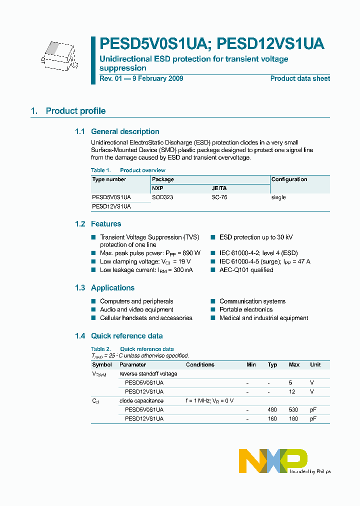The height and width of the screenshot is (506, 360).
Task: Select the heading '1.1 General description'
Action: [117, 131]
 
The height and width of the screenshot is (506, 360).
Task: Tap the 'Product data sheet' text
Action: [300, 78]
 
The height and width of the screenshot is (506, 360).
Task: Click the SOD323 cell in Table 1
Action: [162, 197]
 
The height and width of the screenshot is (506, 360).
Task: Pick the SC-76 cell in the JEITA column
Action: [219, 197]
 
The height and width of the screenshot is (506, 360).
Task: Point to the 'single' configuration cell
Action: [278, 197]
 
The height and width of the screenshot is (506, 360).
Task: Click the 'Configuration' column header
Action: [289, 179]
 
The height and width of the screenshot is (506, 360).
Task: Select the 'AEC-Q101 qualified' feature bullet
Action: [246, 270]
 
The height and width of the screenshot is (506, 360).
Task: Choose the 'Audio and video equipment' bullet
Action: [136, 309]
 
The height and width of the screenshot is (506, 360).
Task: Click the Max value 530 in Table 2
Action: [294, 409]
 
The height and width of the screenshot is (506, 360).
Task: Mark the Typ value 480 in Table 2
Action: [272, 409]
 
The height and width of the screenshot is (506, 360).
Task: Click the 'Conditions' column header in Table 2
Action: [200, 364]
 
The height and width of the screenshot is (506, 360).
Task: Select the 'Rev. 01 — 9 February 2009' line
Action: [141, 78]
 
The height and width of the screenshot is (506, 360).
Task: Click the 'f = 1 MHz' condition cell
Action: [209, 400]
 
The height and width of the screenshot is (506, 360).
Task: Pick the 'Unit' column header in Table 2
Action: [315, 364]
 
